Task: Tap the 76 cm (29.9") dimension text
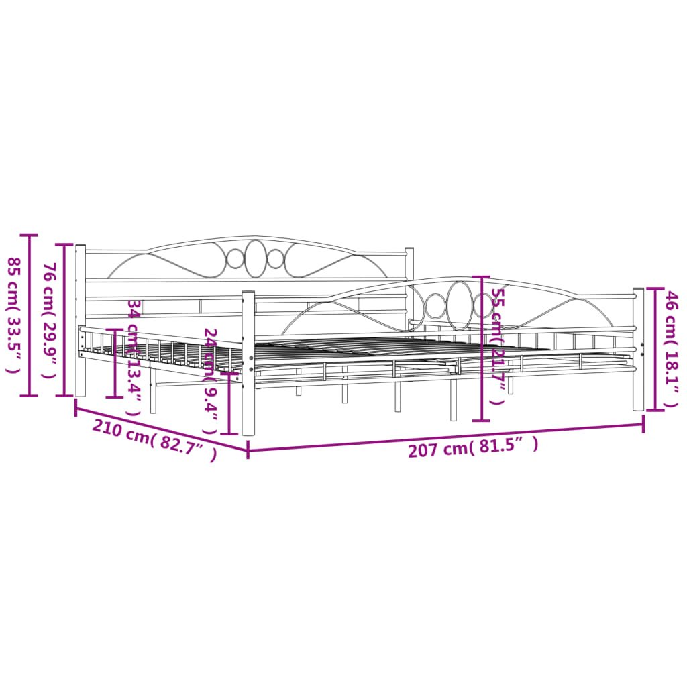(x=48, y=320)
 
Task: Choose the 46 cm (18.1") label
(x=670, y=348)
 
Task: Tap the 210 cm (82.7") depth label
(x=154, y=439)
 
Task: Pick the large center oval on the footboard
(x=460, y=305)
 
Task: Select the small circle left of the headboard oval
(x=235, y=258)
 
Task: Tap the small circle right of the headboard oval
(x=276, y=258)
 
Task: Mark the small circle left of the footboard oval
(x=435, y=306)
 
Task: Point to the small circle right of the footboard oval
(x=482, y=306)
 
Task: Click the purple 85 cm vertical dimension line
(x=29, y=315)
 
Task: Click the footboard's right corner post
(x=638, y=349)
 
